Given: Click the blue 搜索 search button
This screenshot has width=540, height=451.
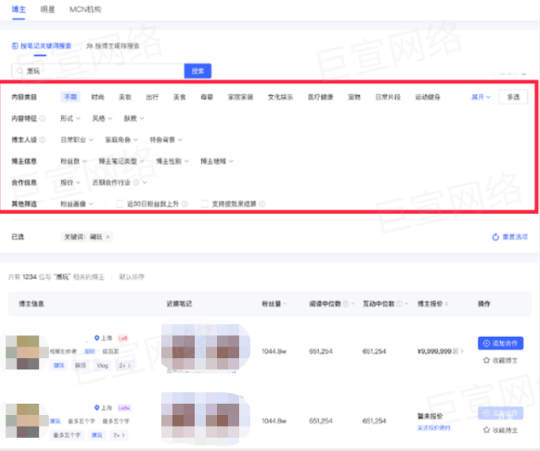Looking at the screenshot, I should (198, 71).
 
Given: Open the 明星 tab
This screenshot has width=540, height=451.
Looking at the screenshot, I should (48, 9).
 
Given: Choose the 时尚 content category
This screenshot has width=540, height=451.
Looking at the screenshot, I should (97, 97).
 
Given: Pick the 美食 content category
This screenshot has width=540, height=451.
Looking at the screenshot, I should (179, 97).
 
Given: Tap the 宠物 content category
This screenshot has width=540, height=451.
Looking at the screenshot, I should (354, 97).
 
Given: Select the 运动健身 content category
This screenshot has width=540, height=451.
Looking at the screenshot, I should (429, 97).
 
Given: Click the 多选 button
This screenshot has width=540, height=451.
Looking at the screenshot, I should (512, 97).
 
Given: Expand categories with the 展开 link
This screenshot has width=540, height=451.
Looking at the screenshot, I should (480, 97).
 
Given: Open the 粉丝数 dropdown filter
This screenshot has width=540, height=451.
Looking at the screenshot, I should (75, 161).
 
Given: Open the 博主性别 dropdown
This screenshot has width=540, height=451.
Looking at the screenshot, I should (171, 161).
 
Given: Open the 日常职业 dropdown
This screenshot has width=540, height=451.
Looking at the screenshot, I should (79, 140).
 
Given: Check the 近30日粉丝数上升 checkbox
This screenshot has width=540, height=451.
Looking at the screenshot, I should (120, 203).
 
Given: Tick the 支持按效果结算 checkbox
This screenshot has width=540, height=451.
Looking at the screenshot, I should (205, 203).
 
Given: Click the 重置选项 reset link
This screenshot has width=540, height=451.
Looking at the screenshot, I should (509, 236).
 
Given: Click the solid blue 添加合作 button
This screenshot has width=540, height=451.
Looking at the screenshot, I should (500, 343).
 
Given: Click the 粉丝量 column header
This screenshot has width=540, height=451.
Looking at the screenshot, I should (274, 304).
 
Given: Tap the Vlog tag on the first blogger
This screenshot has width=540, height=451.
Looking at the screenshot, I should (102, 366).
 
